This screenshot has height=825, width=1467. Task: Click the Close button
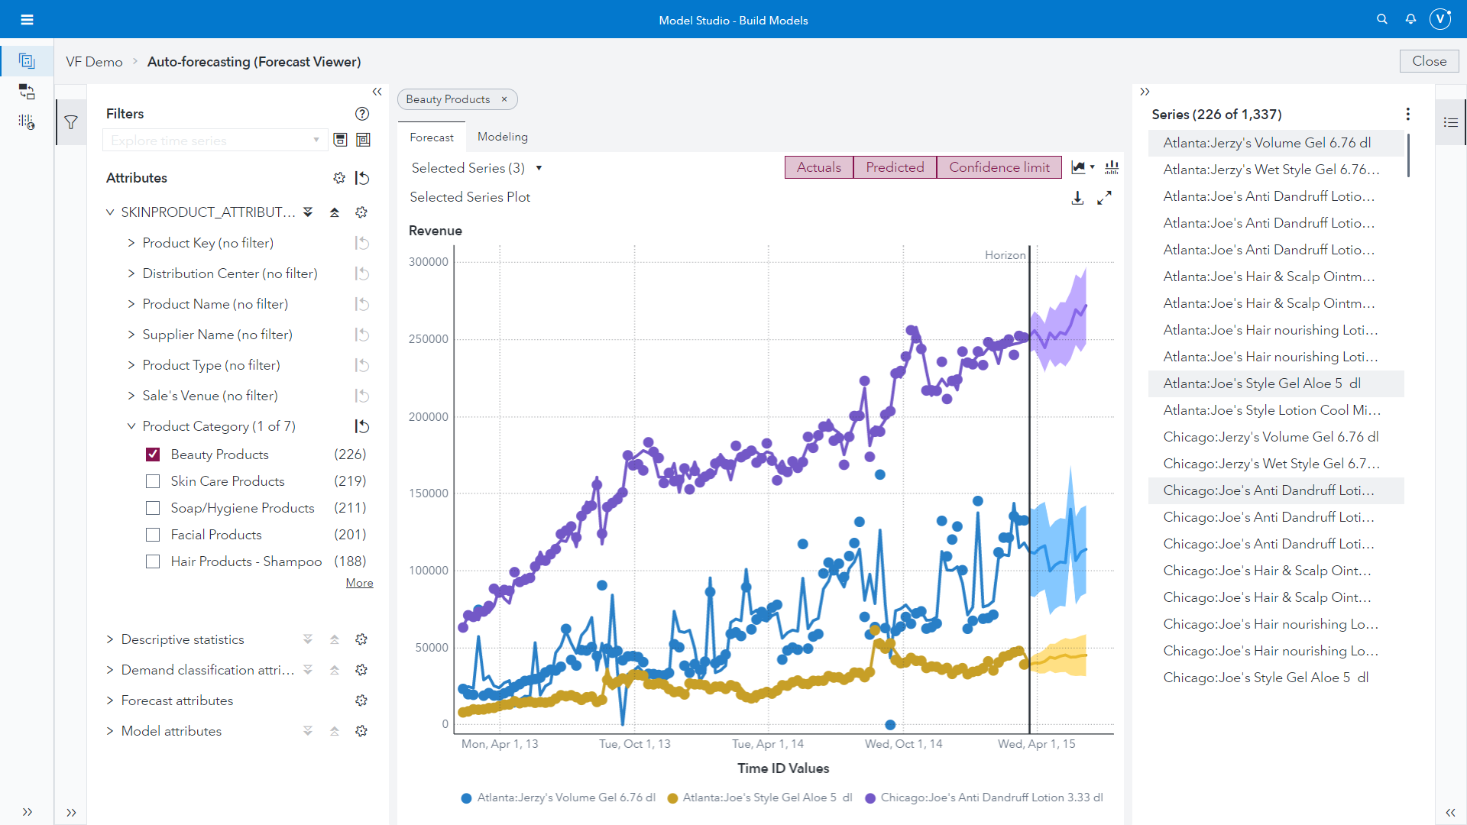pos(1429,61)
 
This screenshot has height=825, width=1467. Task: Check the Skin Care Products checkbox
pos(153,481)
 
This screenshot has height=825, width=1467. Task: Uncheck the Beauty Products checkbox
pos(153,455)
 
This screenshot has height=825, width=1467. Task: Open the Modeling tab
pos(502,137)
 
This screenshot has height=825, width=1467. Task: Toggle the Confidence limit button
pos(999,167)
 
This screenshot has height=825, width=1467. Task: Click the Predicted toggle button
pos(895,167)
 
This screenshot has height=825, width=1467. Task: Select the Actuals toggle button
pos(818,167)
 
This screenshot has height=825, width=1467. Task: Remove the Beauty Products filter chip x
pos(504,99)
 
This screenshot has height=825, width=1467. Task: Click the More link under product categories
pos(359,583)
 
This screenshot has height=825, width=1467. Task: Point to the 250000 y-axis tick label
pos(428,339)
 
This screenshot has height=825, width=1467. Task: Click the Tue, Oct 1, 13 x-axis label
pos(634,744)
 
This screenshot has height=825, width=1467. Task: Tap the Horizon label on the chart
pos(1005,255)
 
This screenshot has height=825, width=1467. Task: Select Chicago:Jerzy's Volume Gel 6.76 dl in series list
pos(1271,437)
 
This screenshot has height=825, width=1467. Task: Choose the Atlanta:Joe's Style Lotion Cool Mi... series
pos(1271,410)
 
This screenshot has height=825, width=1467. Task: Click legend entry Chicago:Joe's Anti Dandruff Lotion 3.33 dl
pos(991,797)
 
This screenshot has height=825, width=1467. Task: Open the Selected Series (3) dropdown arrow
pos(539,168)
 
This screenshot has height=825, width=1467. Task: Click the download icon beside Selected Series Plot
pos(1077,199)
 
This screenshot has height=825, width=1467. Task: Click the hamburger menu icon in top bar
pos(27,20)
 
